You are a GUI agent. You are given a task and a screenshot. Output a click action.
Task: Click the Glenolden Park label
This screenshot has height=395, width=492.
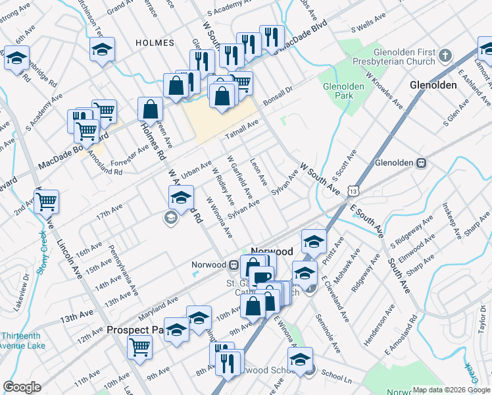339,90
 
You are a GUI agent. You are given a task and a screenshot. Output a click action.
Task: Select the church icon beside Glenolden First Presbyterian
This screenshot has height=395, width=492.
446,55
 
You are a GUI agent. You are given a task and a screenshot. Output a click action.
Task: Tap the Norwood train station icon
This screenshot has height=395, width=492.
234,265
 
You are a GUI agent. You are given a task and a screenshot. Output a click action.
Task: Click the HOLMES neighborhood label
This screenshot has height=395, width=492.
155,43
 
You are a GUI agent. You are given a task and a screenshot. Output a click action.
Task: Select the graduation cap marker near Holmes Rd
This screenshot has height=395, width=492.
181,196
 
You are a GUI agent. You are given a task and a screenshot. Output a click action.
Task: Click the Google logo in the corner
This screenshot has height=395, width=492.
22,387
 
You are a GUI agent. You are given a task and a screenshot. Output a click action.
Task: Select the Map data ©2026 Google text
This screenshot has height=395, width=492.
451,390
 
